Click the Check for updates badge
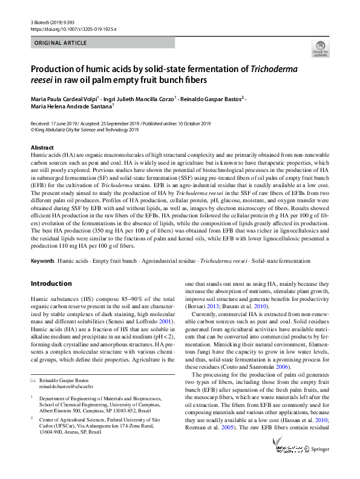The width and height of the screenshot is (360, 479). click(x=320, y=48)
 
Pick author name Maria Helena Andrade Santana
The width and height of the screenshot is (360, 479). click(x=70, y=107)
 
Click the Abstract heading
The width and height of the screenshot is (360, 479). click(x=42, y=147)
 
